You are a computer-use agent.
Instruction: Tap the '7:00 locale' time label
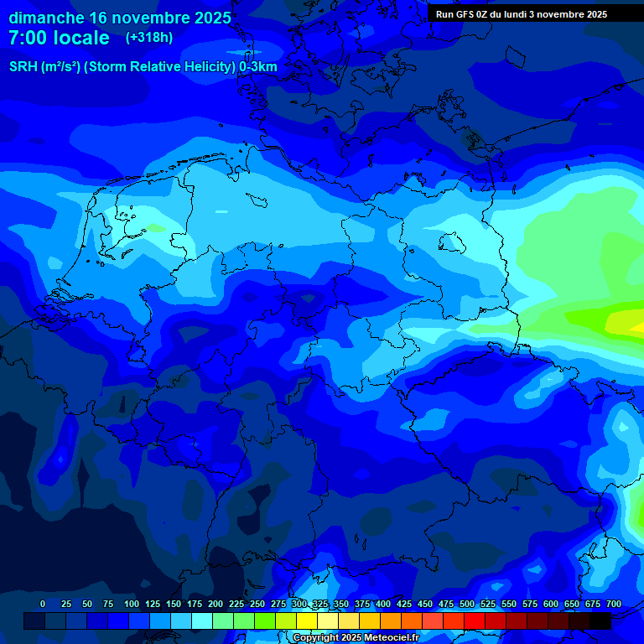[59, 38]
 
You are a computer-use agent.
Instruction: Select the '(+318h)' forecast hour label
[148, 38]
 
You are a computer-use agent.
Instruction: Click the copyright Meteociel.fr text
[356, 638]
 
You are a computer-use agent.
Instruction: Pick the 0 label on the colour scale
[43, 605]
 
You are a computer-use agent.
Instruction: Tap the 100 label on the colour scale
[132, 605]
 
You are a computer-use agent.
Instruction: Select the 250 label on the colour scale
[257, 605]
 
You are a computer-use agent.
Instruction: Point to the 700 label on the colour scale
[614, 605]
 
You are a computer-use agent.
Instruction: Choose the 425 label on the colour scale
[404, 605]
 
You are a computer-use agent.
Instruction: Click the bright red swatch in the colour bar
[475, 621]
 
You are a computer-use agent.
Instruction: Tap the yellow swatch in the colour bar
[307, 621]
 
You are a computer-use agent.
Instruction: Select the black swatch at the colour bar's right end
[600, 621]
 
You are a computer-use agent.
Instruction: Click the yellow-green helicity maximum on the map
[622, 321]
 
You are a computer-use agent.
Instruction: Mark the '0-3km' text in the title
[258, 67]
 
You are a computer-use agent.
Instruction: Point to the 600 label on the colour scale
[551, 605]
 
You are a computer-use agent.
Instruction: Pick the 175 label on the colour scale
[195, 605]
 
